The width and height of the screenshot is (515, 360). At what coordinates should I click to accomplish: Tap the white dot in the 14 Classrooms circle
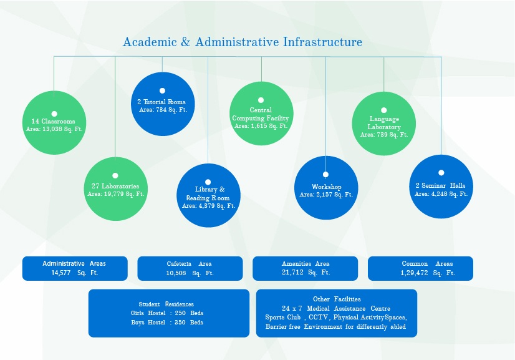click(x=54, y=114)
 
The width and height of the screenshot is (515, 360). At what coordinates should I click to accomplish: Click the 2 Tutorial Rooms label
click(x=161, y=102)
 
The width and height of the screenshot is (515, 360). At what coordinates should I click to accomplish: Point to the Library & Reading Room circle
click(x=208, y=195)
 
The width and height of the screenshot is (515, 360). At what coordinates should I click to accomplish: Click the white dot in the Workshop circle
click(x=325, y=175)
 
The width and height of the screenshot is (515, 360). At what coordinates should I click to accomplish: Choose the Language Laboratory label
click(x=384, y=123)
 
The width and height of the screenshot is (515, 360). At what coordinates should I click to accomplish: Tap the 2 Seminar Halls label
click(x=440, y=185)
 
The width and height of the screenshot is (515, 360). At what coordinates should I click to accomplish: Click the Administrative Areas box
click(x=75, y=268)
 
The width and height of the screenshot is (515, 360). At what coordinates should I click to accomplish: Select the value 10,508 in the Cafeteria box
click(x=176, y=273)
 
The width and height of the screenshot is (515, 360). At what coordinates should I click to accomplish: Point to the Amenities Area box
click(x=306, y=268)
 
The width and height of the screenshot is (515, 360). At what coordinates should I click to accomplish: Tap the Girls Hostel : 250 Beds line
click(x=167, y=313)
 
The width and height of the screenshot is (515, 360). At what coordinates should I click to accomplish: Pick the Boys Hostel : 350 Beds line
click(x=167, y=323)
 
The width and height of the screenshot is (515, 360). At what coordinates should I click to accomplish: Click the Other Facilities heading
click(x=337, y=299)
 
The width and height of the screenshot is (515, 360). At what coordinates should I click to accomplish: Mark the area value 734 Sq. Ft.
click(x=163, y=110)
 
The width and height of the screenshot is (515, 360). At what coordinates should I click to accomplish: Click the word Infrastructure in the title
click(x=322, y=42)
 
